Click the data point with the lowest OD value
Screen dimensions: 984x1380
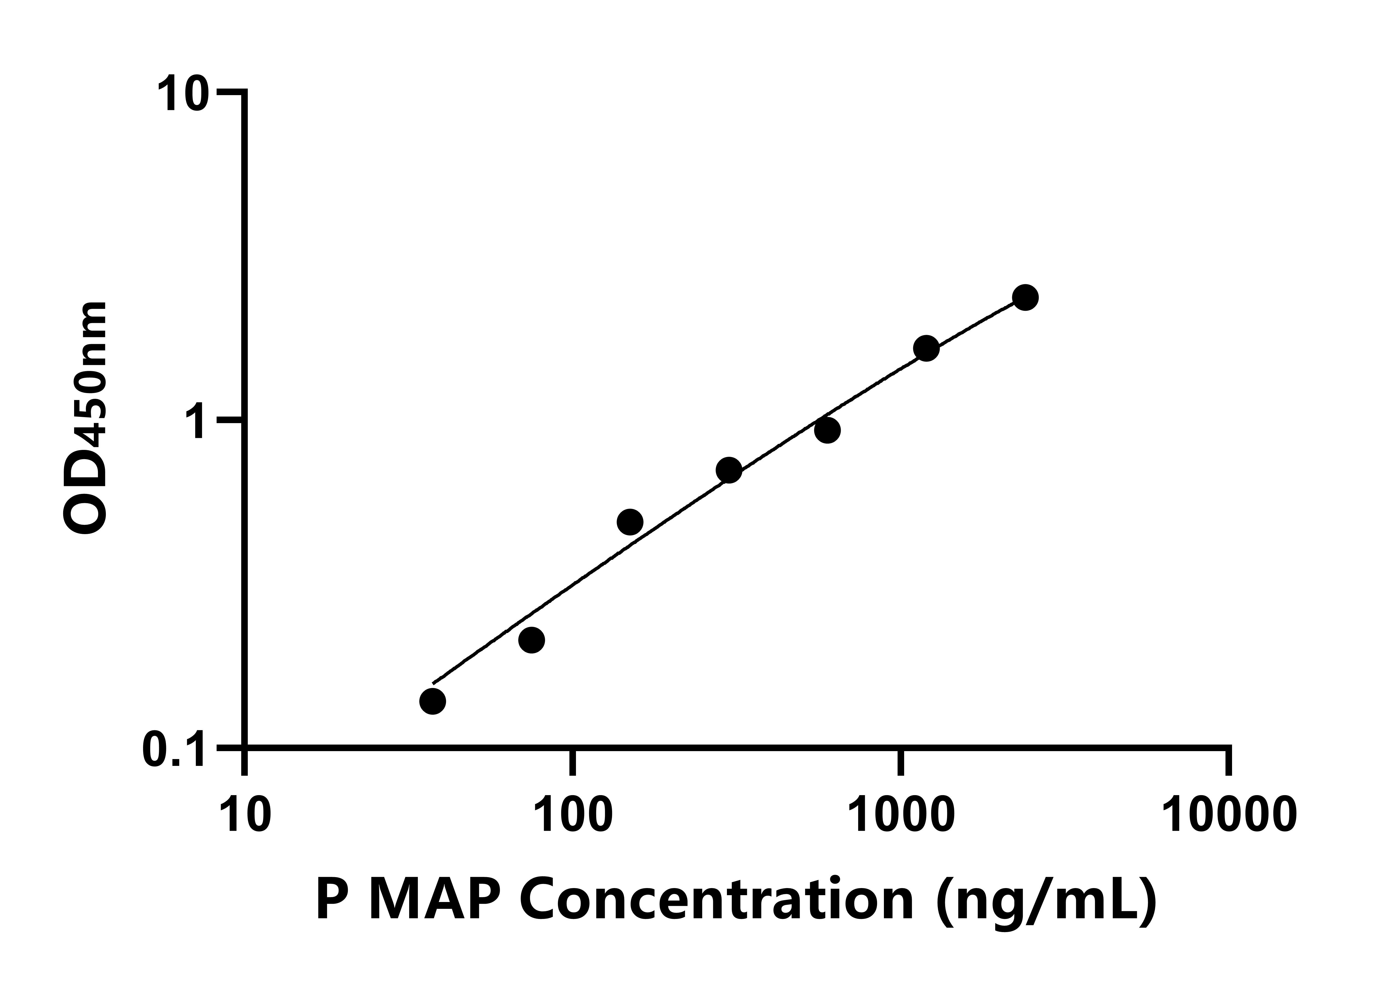(x=432, y=701)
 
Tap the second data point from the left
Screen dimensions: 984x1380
(x=531, y=640)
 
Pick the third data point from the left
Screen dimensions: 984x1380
(x=630, y=522)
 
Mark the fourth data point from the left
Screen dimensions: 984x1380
(x=729, y=470)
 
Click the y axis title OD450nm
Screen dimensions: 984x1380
(x=86, y=418)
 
